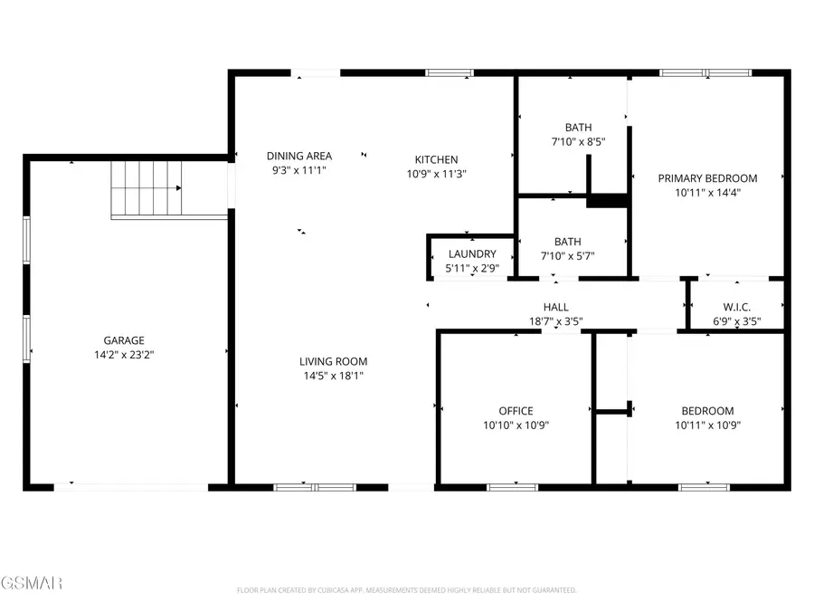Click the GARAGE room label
tap(124, 340)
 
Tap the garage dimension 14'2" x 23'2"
tap(124, 355)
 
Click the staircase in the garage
tap(147, 188)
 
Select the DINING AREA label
tap(298, 156)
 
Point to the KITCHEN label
tap(436, 159)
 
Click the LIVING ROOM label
tap(332, 361)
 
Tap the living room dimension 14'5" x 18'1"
tap(332, 376)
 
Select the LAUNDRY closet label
tap(471, 254)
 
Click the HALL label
tap(555, 308)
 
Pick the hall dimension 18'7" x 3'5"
tap(555, 321)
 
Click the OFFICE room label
tap(516, 411)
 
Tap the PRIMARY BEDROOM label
tap(707, 178)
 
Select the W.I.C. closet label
tap(736, 308)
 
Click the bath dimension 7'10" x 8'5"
tap(578, 142)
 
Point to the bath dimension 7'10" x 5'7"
tap(567, 256)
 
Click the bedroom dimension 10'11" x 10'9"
tap(705, 425)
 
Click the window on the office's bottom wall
tap(512, 487)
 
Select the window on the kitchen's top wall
tap(450, 72)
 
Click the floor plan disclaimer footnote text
tap(406, 590)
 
